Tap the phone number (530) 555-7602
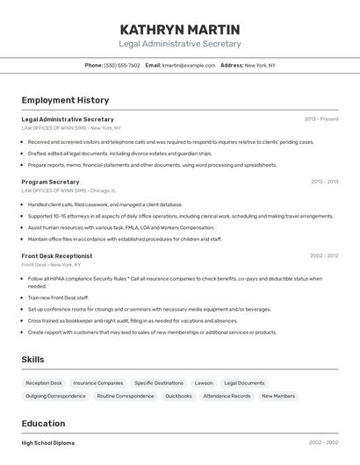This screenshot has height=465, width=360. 122,65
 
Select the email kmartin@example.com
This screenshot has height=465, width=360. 189,65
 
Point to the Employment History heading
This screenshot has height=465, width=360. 65,100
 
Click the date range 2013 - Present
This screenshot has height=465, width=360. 321,118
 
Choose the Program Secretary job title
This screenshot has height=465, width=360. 50,182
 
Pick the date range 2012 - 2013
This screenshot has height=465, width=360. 324,182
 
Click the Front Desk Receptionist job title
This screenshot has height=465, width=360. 57,256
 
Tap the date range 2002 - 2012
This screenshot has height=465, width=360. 324,256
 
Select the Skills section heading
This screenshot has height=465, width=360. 33,360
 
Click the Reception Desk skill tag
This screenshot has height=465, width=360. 44,383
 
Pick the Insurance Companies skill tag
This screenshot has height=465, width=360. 98,383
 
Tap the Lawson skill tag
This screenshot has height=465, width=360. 204,383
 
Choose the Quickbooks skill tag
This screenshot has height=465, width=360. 178,396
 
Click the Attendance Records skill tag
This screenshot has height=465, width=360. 227,396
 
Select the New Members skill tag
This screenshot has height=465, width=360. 278,396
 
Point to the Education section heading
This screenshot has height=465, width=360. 43,423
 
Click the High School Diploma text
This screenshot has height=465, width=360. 48,443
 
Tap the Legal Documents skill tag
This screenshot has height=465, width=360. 244,383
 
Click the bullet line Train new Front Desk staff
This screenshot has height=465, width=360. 58,297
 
